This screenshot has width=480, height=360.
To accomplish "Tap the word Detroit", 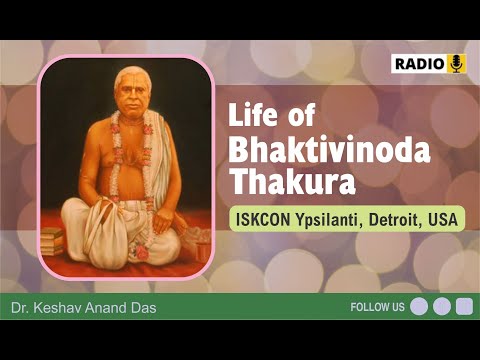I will tap(398, 219).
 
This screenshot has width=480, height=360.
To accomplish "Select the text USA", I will tap(444, 219).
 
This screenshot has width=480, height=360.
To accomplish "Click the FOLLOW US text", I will tap(377, 307).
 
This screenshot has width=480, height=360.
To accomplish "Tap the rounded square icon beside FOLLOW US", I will tap(463, 307).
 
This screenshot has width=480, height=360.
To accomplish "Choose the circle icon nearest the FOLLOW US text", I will tap(419, 307).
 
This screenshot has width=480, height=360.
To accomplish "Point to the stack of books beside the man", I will tap(53, 240).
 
